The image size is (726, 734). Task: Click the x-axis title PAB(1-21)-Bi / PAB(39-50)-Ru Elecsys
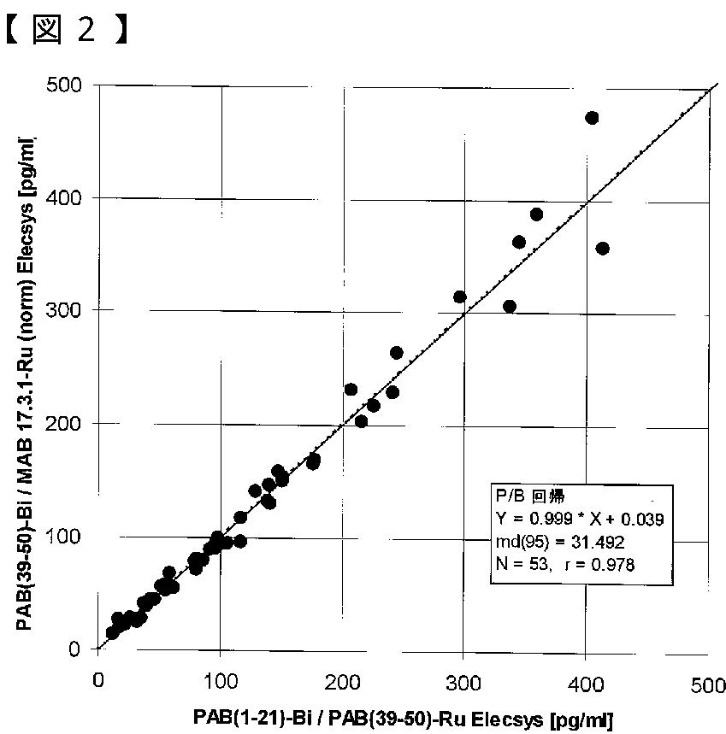[403, 718]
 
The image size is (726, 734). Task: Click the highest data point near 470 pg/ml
[592, 118]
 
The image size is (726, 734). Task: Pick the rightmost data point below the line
[602, 249]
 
